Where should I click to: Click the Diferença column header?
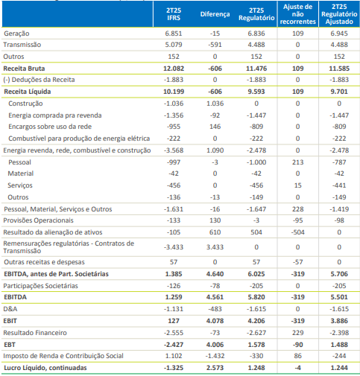click(215, 14)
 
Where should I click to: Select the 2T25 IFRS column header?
click(174, 14)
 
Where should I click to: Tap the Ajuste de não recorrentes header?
click(297, 14)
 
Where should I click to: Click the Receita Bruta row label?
click(24, 68)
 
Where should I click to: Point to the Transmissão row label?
click(22, 45)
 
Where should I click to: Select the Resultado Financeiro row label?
click(35, 333)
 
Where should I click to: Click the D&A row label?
click(10, 309)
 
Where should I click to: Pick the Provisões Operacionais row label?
click(38, 220)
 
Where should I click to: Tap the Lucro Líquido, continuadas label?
click(45, 368)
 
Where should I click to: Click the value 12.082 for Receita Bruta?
click(174, 68)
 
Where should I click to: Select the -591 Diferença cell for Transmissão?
click(215, 45)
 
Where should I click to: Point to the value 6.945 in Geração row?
click(339, 34)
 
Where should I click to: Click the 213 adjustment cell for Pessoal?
click(297, 162)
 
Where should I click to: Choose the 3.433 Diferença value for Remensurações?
click(215, 247)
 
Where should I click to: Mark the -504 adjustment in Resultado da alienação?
click(297, 232)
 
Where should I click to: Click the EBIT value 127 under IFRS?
click(174, 321)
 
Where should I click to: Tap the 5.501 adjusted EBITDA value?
click(339, 297)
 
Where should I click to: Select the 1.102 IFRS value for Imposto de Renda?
click(174, 356)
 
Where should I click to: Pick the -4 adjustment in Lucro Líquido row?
click(297, 368)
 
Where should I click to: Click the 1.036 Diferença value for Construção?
click(215, 103)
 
